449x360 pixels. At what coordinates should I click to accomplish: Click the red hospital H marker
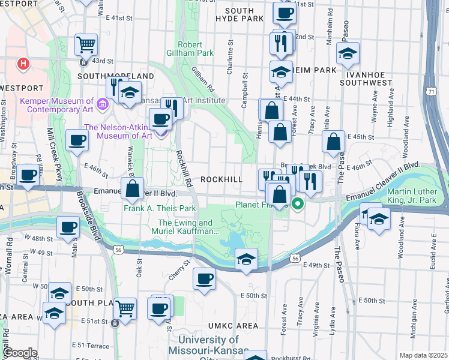pyautogui.click(x=23, y=62)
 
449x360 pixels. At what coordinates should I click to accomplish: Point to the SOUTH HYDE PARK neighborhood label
pyautogui.click(x=244, y=15)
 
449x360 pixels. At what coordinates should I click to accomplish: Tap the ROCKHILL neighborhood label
pyautogui.click(x=221, y=179)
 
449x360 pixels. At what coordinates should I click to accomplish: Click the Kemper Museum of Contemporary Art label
pyautogui.click(x=57, y=106)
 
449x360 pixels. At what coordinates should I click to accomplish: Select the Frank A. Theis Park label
pyautogui.click(x=160, y=209)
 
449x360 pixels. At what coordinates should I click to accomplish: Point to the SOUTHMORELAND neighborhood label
pyautogui.click(x=116, y=76)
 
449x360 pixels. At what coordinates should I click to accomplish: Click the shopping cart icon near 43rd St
pyautogui.click(x=86, y=44)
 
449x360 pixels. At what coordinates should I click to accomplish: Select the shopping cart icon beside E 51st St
pyautogui.click(x=125, y=308)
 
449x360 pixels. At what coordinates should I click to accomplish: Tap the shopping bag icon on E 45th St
pyautogui.click(x=333, y=142)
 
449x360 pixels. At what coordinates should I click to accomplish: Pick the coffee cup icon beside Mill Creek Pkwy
pyautogui.click(x=77, y=140)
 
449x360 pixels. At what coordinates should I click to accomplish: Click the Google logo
pyautogui.click(x=20, y=353)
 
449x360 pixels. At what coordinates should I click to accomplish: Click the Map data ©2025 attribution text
pyautogui.click(x=423, y=355)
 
